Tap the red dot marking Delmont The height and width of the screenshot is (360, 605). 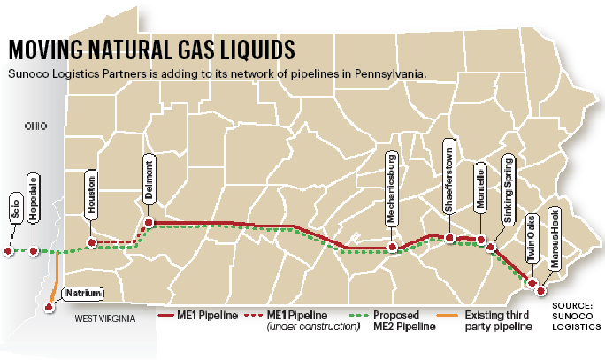(149, 222)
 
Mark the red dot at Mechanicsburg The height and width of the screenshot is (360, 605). (391, 247)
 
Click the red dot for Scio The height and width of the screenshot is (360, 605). (8, 251)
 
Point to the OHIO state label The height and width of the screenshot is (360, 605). (36, 126)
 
